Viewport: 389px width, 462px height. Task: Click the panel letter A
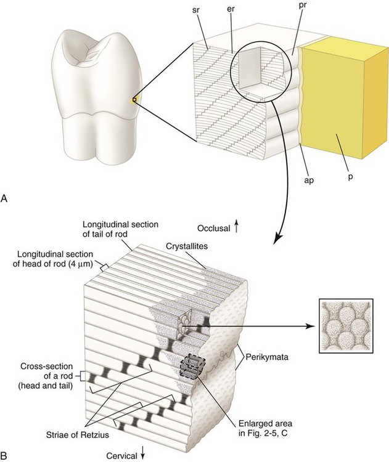[x=5, y=198]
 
